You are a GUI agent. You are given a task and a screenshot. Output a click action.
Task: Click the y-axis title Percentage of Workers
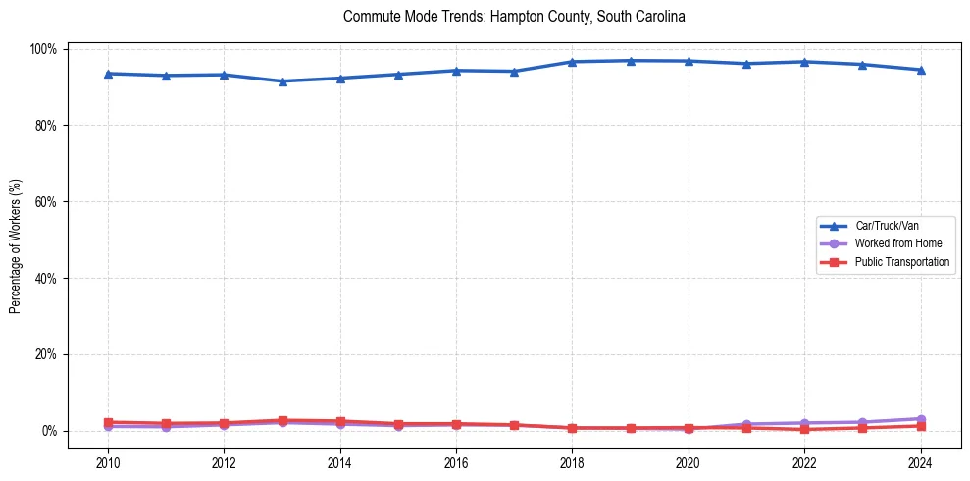(16, 240)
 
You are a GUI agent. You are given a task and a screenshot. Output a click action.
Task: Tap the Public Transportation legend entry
(901, 262)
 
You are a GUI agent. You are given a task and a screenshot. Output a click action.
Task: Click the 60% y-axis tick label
(46, 202)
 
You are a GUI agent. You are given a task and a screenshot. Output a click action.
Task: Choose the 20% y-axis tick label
(46, 354)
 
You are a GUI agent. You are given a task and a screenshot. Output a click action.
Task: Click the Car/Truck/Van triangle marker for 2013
(282, 81)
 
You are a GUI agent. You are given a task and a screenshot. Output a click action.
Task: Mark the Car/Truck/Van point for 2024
(920, 70)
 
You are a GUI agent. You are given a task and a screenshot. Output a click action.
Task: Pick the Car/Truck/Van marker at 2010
(108, 74)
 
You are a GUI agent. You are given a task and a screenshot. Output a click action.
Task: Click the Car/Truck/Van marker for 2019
(631, 61)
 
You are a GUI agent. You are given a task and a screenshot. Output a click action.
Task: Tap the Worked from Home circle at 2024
(920, 419)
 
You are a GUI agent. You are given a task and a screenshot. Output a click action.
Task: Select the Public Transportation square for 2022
(804, 429)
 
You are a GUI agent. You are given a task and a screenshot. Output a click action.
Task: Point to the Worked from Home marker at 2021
(746, 424)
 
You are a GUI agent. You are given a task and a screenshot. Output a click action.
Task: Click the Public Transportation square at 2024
(920, 426)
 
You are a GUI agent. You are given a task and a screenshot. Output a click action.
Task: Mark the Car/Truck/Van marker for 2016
(456, 71)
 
